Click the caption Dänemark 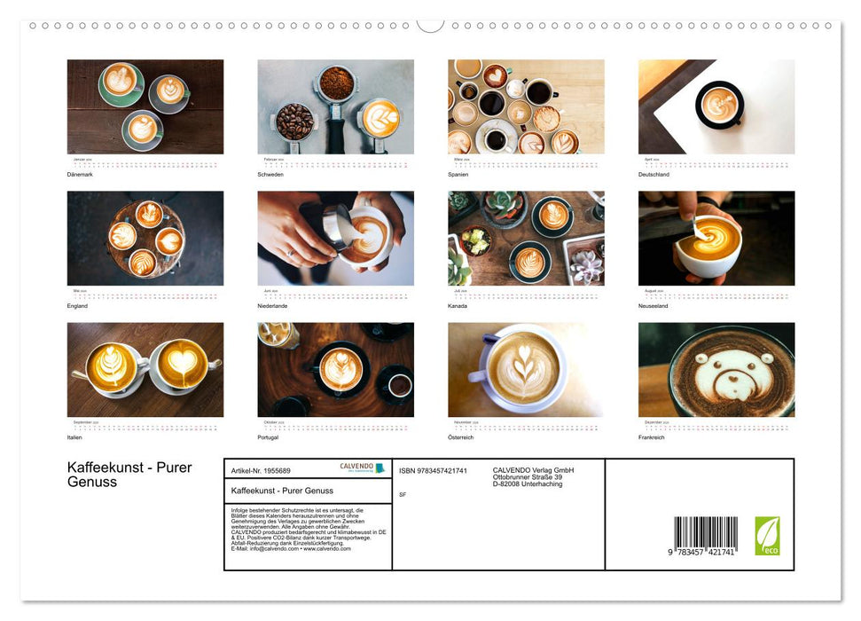[x=80, y=174]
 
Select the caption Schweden [x=270, y=174]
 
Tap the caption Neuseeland [x=654, y=305]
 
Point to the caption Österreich [x=461, y=437]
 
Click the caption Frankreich [x=652, y=437]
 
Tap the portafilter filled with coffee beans [x=294, y=121]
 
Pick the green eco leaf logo [x=767, y=536]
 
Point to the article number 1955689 [x=261, y=470]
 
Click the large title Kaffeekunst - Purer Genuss [x=129, y=475]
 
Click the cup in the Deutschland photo [x=719, y=105]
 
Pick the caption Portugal [x=268, y=437]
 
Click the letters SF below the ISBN [x=403, y=494]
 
